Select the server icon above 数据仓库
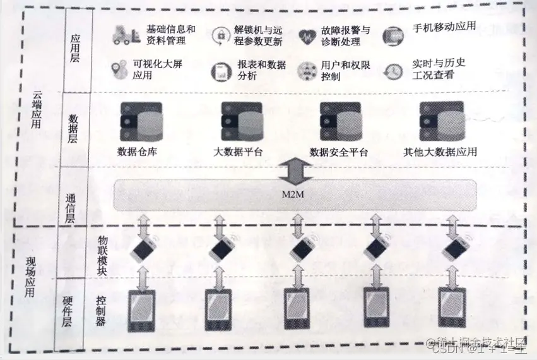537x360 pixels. point(141,121)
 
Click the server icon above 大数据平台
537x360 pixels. point(242,121)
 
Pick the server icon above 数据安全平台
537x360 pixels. point(341,121)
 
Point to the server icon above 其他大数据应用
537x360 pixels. point(441,121)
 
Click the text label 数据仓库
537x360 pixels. point(138,152)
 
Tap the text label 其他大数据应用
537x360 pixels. point(440,152)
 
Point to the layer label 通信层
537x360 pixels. point(71,201)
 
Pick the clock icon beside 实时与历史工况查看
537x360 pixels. point(395,71)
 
